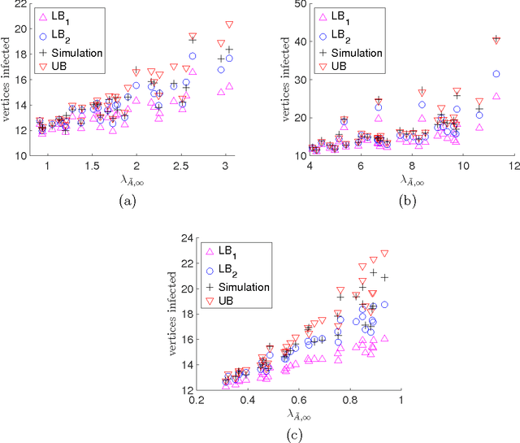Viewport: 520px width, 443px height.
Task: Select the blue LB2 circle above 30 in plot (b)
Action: [496, 74]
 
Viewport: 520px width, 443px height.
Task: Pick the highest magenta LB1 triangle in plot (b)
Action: [496, 96]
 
